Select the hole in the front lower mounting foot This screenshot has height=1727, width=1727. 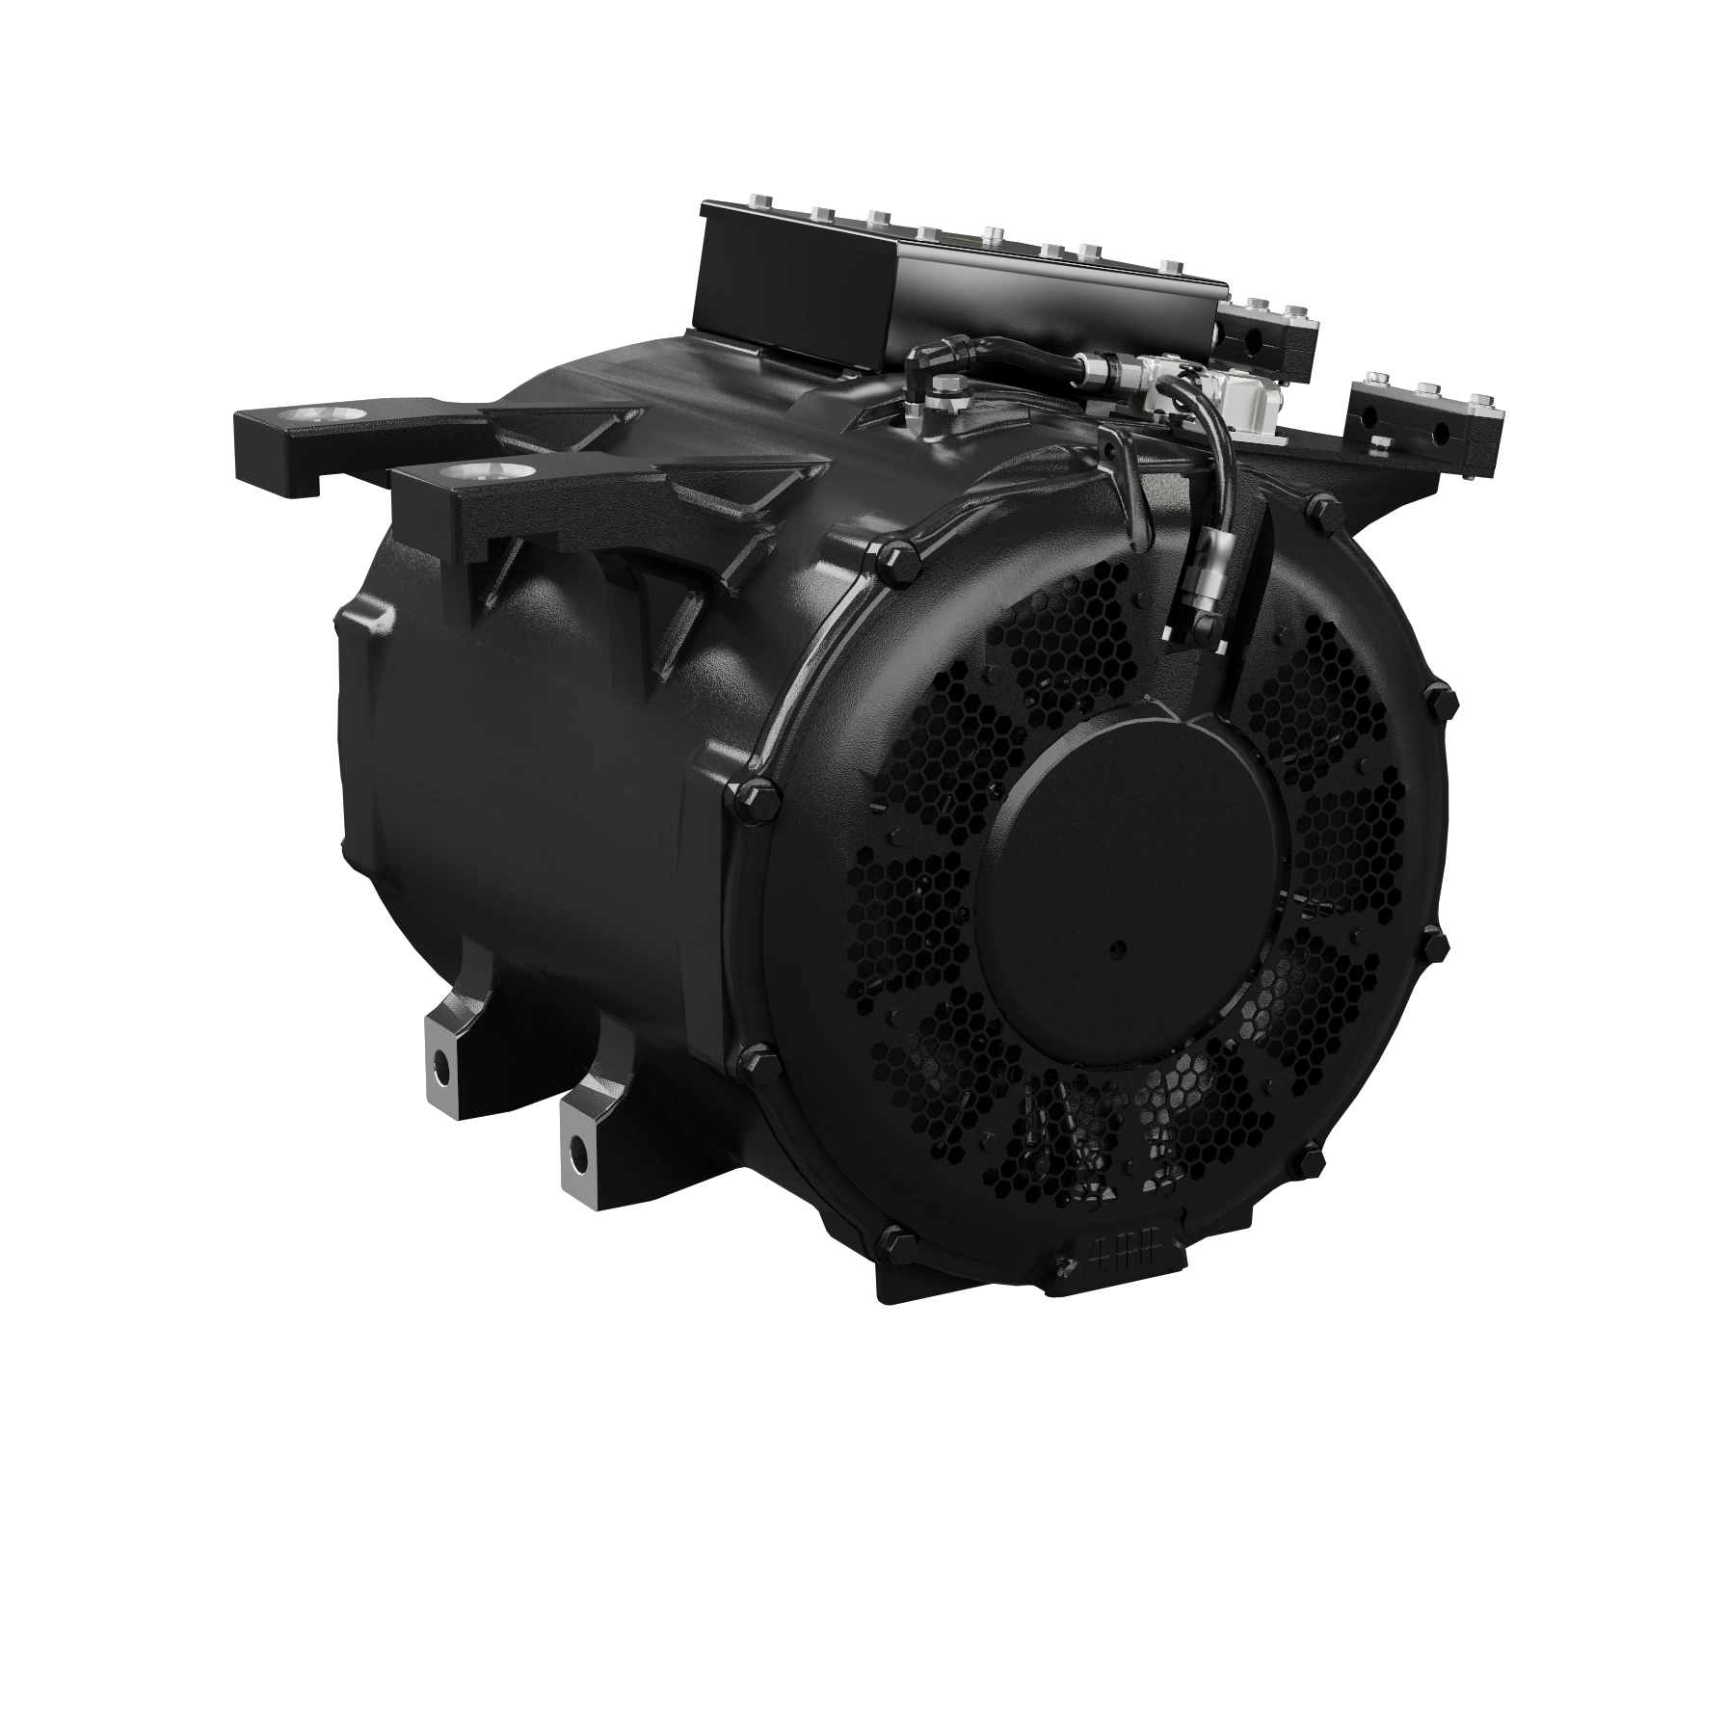(x=577, y=1149)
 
